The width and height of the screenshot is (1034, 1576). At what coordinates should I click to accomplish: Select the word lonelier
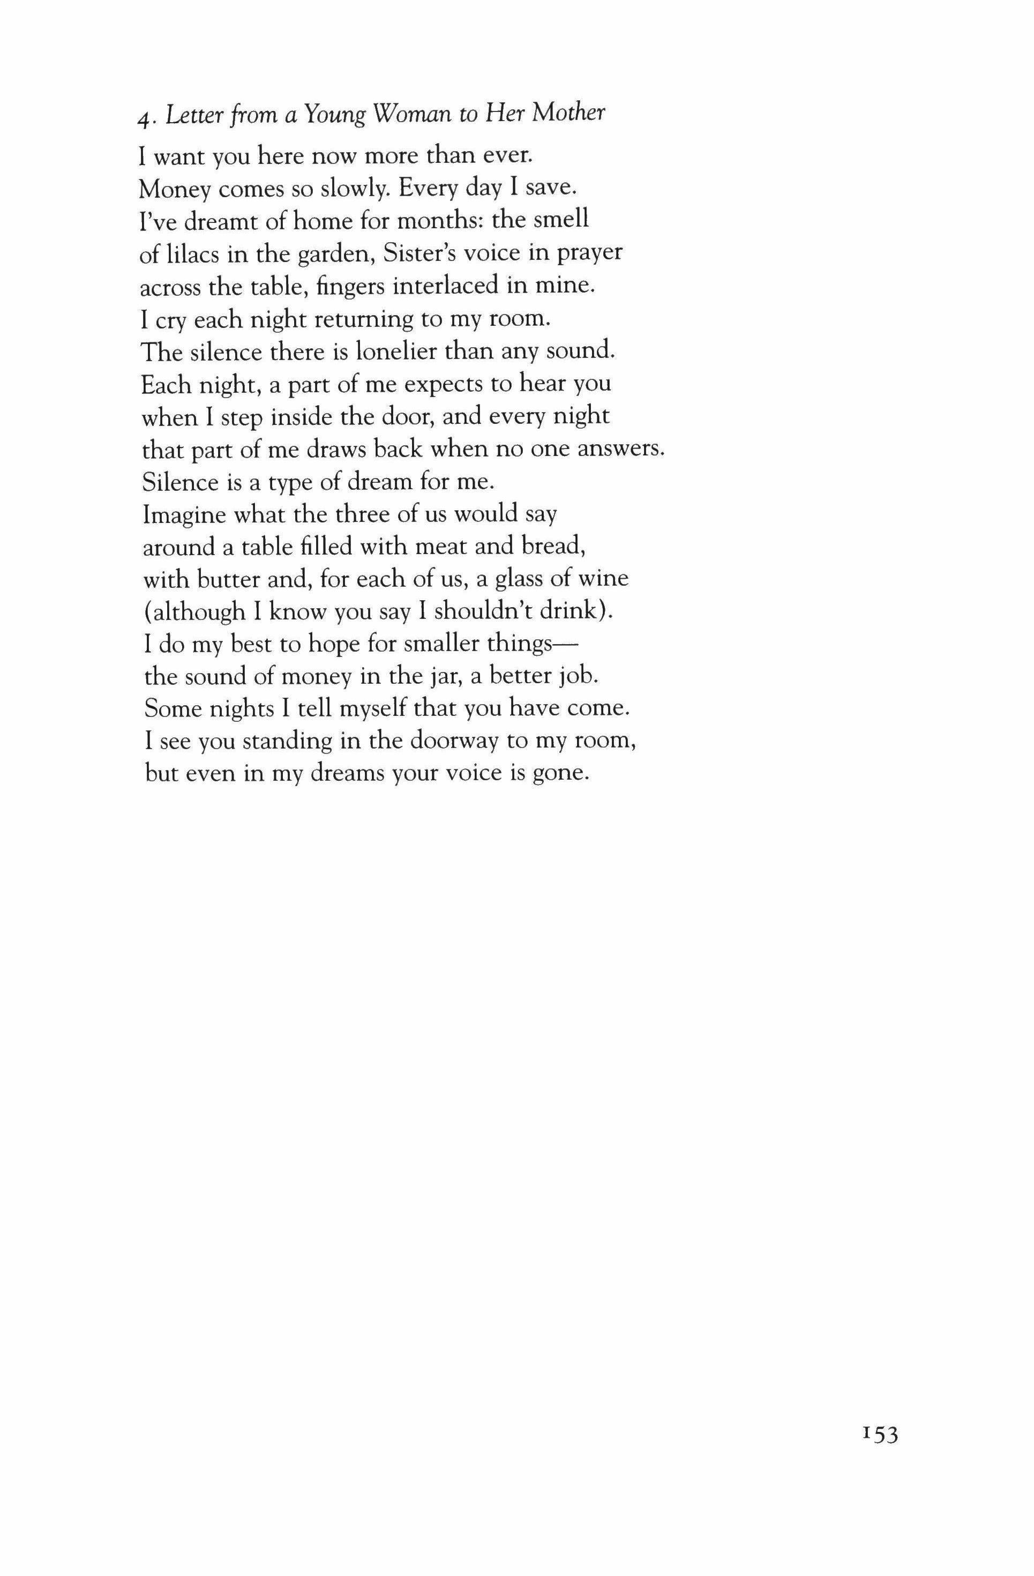[x=395, y=351]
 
